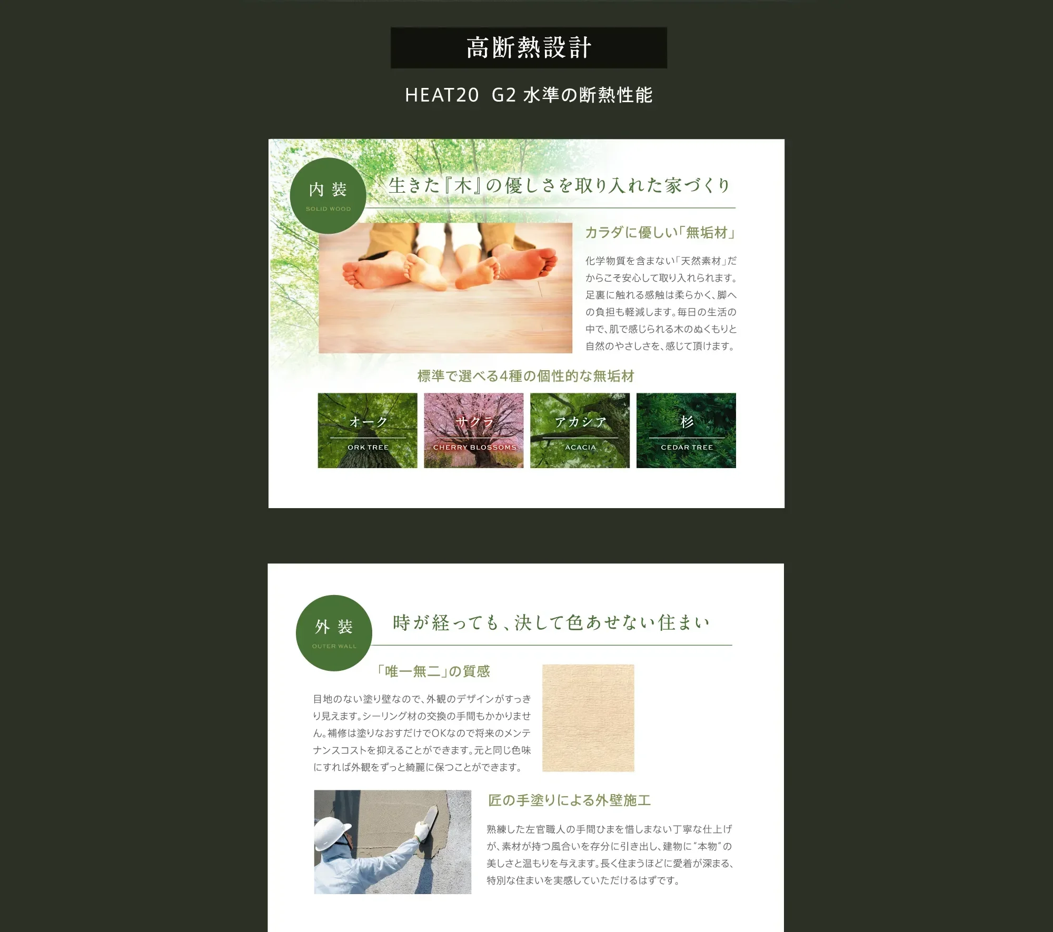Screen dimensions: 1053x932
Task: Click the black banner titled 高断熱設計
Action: (x=529, y=48)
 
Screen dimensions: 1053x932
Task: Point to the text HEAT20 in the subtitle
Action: (x=442, y=95)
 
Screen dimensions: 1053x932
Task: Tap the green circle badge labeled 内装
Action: (x=328, y=196)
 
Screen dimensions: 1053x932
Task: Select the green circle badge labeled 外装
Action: (x=334, y=633)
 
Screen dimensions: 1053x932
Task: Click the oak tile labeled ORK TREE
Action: (x=367, y=430)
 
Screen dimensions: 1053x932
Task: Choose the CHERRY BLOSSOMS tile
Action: (x=474, y=430)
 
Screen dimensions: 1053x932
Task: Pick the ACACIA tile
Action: (x=580, y=430)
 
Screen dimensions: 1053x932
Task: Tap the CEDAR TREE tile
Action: (x=686, y=430)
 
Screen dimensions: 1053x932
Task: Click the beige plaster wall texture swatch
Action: (x=588, y=718)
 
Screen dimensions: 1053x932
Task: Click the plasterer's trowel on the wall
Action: (x=429, y=818)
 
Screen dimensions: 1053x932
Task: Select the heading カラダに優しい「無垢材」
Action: (x=660, y=233)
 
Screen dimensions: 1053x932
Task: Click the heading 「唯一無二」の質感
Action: (x=433, y=671)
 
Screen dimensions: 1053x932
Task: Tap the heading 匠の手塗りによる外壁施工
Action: (x=569, y=800)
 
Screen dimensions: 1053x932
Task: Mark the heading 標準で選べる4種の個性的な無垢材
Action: (x=525, y=376)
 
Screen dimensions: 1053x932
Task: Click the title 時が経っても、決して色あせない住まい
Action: (x=551, y=622)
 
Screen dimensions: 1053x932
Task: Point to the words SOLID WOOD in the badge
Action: (x=328, y=209)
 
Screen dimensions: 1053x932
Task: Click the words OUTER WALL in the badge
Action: (x=334, y=646)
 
